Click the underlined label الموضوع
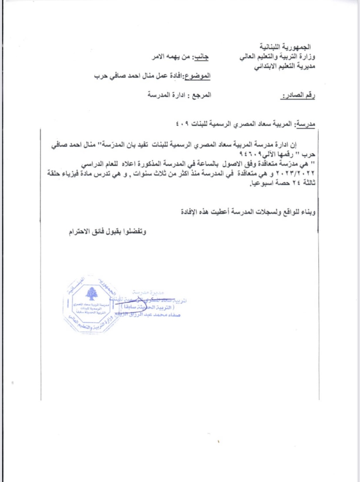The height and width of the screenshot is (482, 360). click(x=198, y=77)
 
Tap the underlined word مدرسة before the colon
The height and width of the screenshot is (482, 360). click(x=307, y=125)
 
